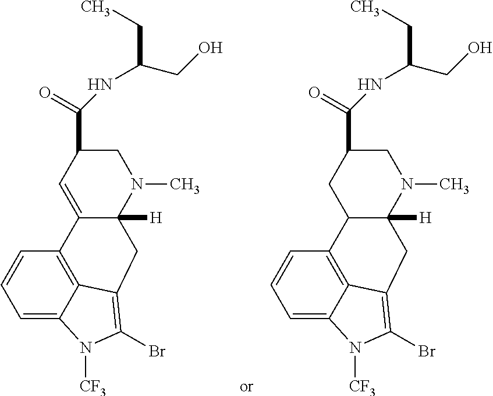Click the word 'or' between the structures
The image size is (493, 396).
pos(246,386)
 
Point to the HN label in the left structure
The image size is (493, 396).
pos(100,85)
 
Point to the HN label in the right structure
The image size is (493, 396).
pos(368,85)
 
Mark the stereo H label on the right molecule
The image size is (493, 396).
pos(426,218)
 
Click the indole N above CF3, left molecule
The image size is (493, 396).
pos(86,348)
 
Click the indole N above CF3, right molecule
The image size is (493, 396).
pos(354,348)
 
